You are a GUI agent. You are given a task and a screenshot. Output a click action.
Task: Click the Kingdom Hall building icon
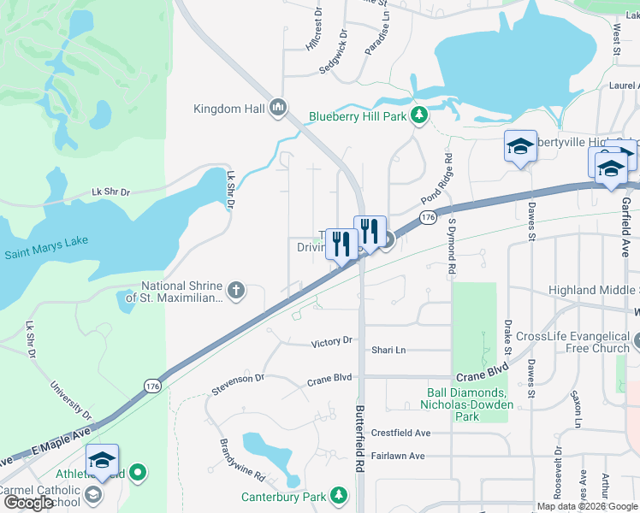click(x=277, y=108)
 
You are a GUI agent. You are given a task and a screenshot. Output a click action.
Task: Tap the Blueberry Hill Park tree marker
click(x=418, y=115)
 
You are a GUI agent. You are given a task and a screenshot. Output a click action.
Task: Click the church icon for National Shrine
click(x=235, y=292)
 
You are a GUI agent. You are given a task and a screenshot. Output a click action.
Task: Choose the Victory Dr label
click(x=331, y=342)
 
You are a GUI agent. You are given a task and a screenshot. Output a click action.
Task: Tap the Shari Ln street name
click(x=388, y=350)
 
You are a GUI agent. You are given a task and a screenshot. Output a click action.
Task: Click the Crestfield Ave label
click(x=400, y=433)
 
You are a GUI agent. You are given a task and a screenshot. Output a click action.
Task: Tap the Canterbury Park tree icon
click(x=339, y=495)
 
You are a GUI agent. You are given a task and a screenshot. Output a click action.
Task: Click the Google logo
click(x=28, y=503)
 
